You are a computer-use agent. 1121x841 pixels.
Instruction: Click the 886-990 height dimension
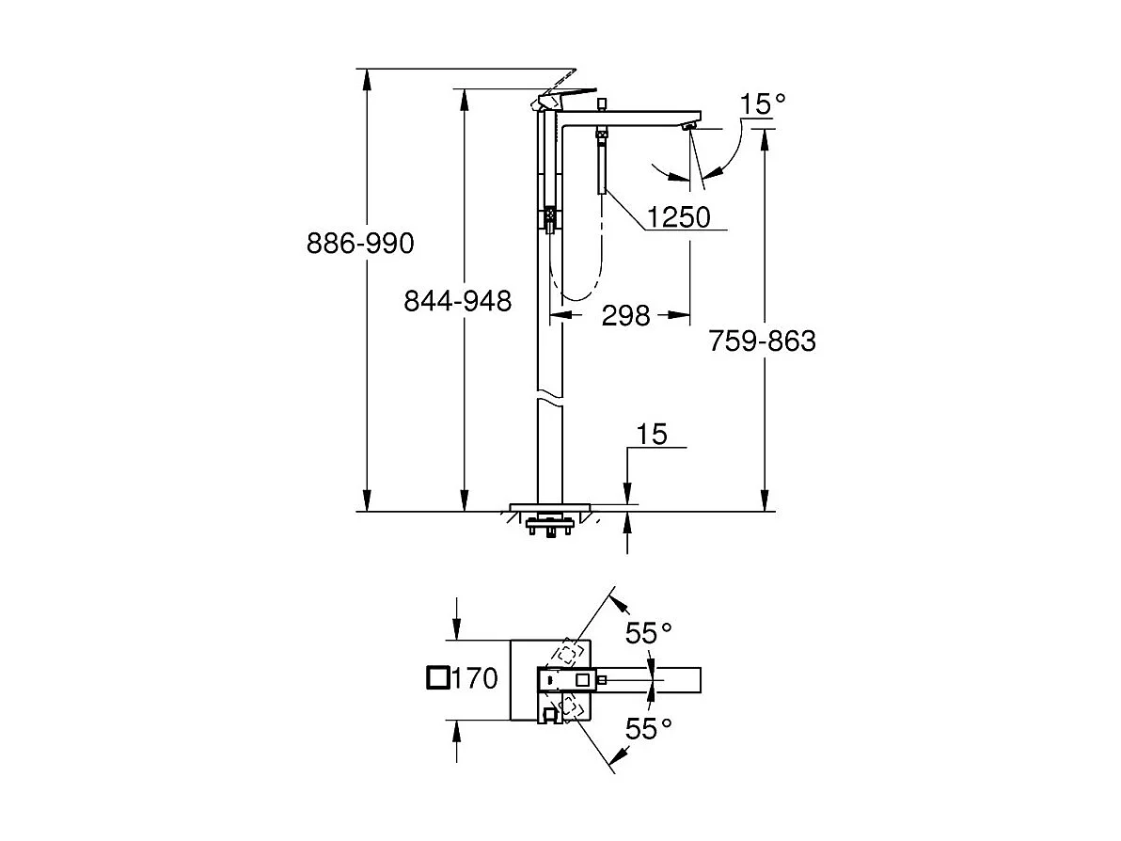(359, 245)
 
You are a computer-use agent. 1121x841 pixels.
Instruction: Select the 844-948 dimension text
(457, 301)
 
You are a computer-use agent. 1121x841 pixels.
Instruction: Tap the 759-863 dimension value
(762, 341)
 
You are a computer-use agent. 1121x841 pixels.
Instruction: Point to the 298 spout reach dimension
(625, 316)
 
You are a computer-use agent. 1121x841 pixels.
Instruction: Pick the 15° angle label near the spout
(762, 104)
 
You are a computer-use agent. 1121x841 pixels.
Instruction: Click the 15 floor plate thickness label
(651, 434)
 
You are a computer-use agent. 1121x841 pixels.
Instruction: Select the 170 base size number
(475, 678)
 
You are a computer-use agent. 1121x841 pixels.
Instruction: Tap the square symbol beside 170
(436, 678)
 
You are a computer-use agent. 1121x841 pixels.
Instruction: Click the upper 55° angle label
(651, 633)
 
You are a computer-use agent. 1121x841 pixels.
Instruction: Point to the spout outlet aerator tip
(690, 126)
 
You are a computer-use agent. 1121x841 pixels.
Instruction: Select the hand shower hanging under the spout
(600, 165)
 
